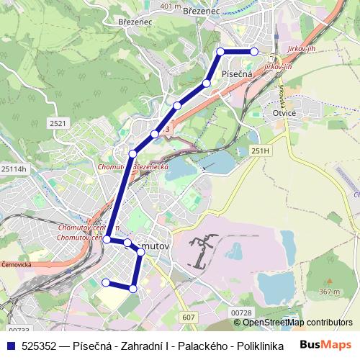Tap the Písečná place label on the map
[236, 74]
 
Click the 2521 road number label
[58, 124]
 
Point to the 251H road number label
[261, 150]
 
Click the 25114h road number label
[14, 168]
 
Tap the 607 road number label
[189, 317]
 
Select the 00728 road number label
[242, 312]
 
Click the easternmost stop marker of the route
[254, 51]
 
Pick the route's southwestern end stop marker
[106, 282]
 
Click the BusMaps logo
[326, 344]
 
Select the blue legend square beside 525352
[9, 345]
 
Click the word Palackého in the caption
[196, 345]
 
